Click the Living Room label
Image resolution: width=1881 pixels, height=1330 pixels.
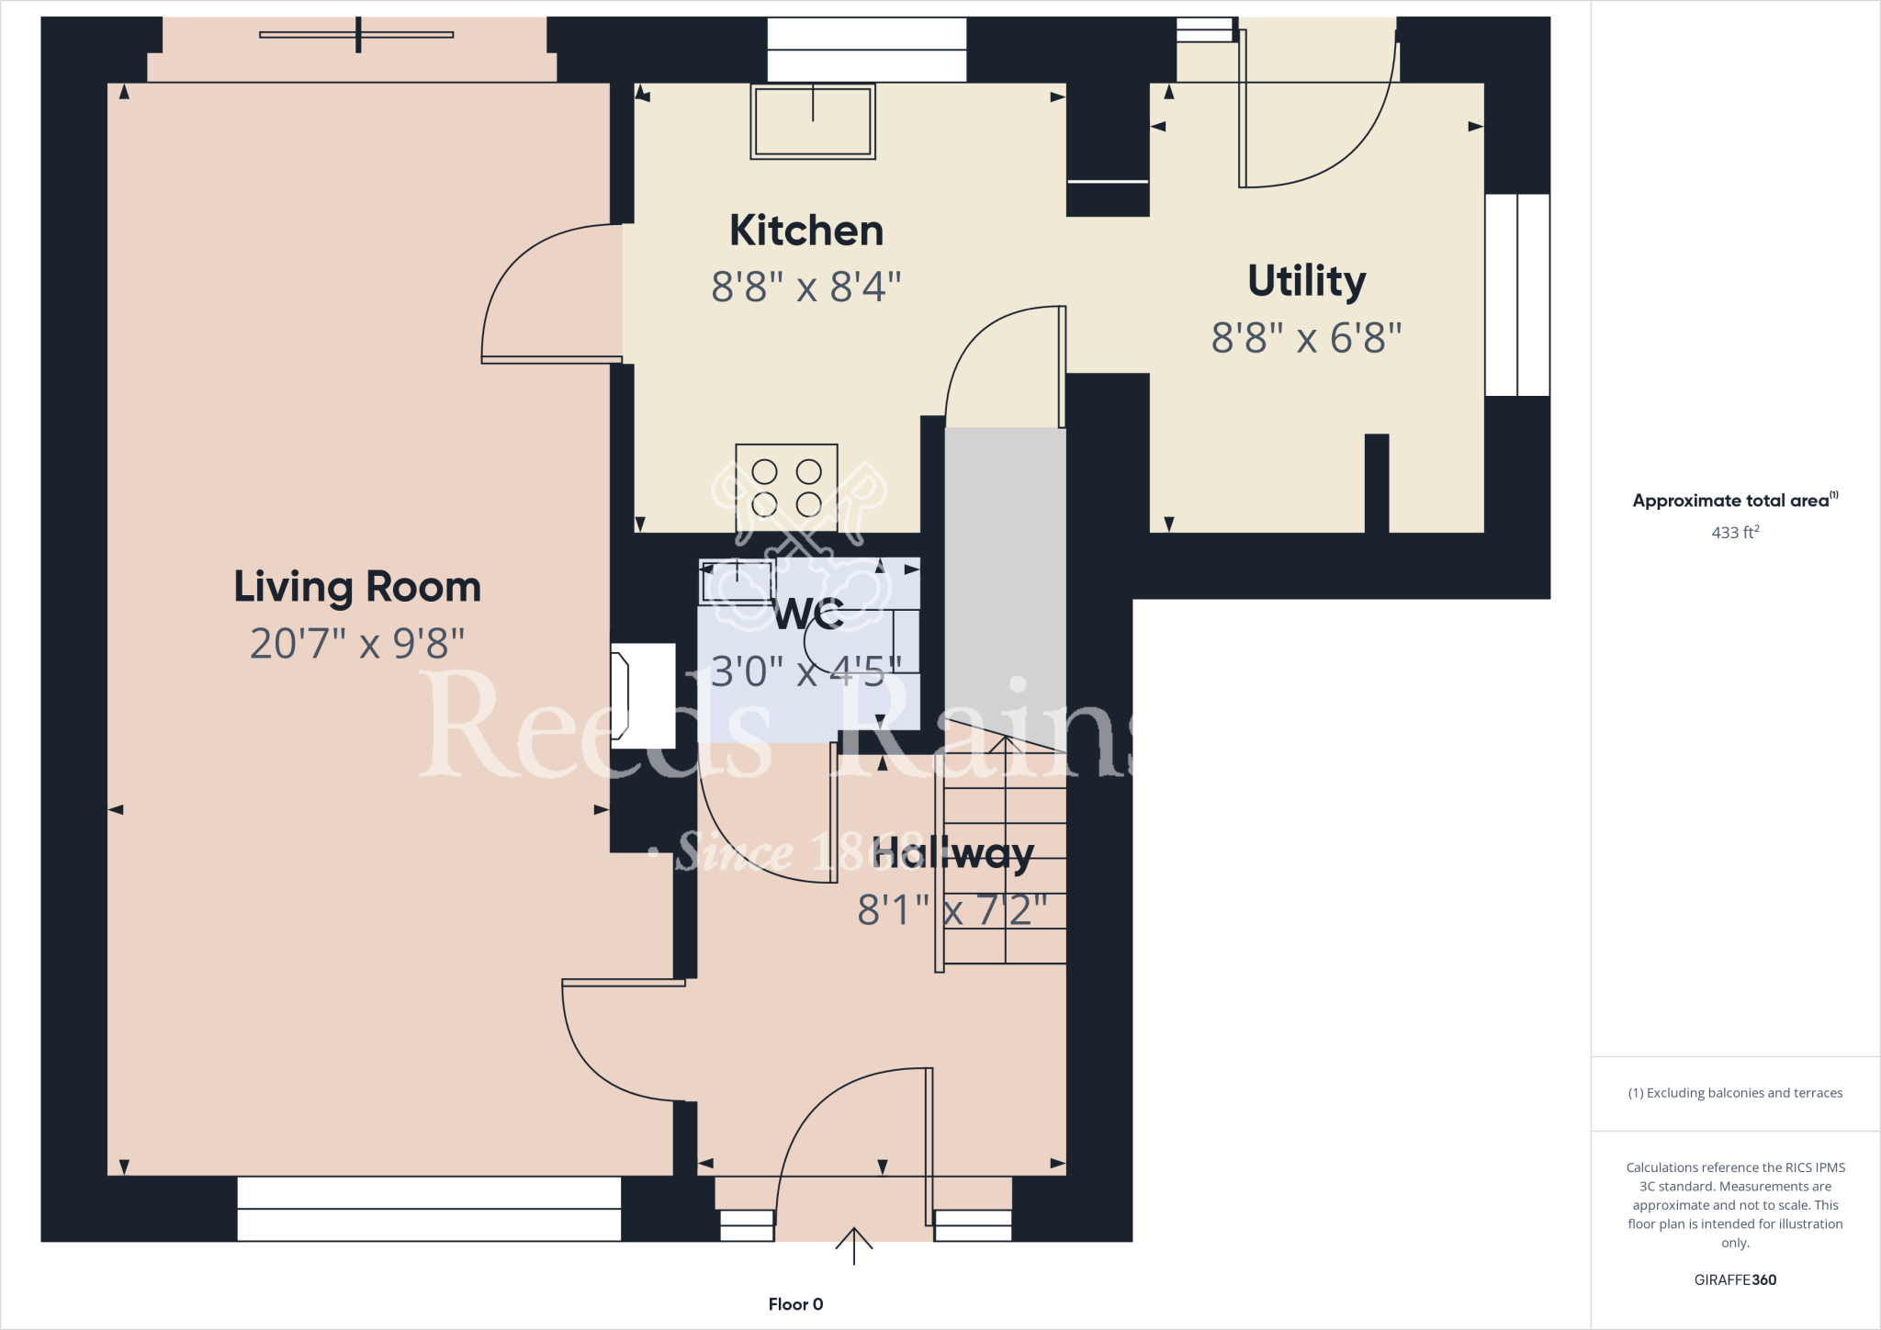tap(357, 586)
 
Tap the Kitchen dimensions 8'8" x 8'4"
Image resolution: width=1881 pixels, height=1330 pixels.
tap(805, 287)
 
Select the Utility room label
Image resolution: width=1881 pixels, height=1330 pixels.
tap(1306, 280)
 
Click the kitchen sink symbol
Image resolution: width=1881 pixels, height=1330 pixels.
tap(813, 121)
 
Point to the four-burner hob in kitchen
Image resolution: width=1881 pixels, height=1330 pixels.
tap(786, 488)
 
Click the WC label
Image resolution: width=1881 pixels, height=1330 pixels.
tap(809, 614)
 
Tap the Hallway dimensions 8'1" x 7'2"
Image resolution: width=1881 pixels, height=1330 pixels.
tap(952, 910)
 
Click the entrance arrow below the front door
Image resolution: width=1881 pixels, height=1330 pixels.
tap(854, 1245)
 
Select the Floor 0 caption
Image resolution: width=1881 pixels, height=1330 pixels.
tap(795, 1304)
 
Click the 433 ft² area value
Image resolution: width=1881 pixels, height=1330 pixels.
tap(1735, 532)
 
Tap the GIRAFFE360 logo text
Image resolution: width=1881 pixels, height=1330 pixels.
tap(1735, 1279)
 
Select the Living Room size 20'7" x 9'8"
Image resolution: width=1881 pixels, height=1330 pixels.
tap(357, 643)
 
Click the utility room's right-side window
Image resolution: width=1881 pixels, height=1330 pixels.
tap(1517, 295)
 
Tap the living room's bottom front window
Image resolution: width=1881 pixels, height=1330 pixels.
tap(429, 1209)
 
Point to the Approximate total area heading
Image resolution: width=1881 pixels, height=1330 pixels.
tap(1735, 501)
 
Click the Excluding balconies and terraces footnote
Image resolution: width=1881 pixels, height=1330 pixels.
tap(1735, 1093)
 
